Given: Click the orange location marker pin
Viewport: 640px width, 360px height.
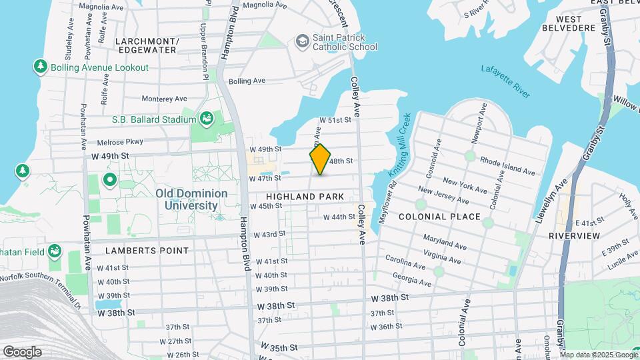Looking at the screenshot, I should coord(321,159).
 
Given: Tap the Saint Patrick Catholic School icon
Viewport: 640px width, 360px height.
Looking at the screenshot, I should coord(303,41).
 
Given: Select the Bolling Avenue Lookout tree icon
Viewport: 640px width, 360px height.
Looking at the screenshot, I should coord(41,67).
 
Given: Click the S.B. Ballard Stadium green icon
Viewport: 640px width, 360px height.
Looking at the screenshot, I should coord(208,119).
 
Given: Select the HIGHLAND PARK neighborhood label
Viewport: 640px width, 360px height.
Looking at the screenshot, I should coord(305,197).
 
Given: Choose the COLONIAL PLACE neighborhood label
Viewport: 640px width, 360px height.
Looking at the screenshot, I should coord(439,217).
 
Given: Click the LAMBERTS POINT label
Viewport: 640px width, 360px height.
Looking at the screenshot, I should coord(147,250).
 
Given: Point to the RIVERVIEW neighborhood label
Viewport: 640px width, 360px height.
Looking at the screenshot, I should coord(574,235).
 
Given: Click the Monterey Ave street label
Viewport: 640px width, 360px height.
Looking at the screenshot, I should coord(163,98).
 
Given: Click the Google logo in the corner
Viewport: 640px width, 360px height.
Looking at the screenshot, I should coord(21,352).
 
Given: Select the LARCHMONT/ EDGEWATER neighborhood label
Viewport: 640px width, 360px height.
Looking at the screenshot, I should coord(147,45).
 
